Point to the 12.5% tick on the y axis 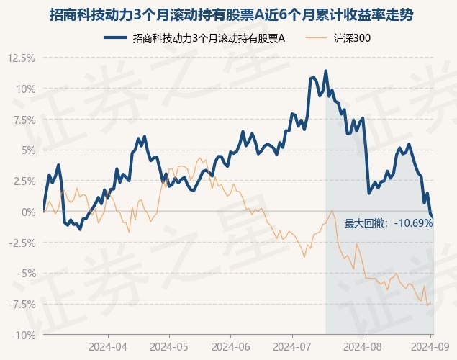click(21, 58)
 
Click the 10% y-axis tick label click(24, 89)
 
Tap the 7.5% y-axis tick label click(23, 120)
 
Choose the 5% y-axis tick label click(27, 150)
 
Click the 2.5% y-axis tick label click(23, 181)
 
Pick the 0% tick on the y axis click(27, 212)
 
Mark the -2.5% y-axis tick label click(22, 243)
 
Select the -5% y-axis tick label click(25, 274)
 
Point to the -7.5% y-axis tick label click(22, 305)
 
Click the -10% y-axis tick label click(23, 335)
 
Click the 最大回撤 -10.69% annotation click(389, 223)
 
